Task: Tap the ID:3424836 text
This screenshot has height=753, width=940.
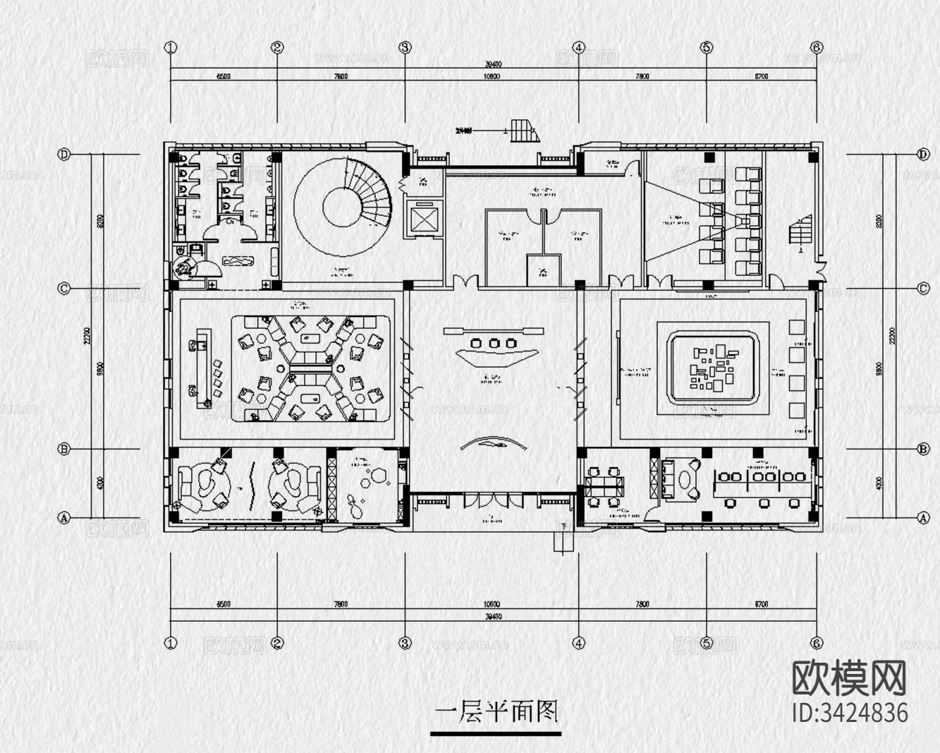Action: tap(850, 713)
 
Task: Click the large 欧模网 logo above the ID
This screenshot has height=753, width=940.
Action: tap(850, 678)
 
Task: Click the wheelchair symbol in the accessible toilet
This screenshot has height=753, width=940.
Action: tap(185, 269)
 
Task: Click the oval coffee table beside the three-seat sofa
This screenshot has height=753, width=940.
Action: tap(685, 481)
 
